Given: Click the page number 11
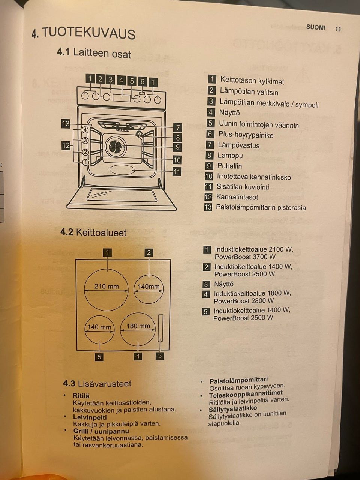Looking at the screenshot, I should click(338, 29).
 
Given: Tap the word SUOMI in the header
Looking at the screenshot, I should click(316, 27).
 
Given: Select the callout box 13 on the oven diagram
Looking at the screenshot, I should click(66, 123).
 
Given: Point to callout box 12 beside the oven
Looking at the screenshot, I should click(66, 145).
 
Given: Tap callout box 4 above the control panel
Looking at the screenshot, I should click(121, 80).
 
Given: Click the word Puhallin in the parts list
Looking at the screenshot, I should click(229, 166).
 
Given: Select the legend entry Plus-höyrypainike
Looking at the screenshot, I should click(246, 135).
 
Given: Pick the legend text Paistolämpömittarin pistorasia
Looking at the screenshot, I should click(261, 207).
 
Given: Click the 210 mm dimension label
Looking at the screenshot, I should click(106, 286).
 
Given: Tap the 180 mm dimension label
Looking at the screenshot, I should click(138, 326).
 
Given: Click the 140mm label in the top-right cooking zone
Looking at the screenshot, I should click(148, 286).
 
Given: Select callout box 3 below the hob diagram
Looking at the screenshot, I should click(160, 356).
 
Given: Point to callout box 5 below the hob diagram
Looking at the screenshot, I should click(99, 357).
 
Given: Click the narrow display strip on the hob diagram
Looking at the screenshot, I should click(160, 328).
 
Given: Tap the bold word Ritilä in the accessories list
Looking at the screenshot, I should click(81, 396).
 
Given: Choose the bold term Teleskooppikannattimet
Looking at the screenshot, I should click(246, 394).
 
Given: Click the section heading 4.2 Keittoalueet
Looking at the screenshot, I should click(93, 232).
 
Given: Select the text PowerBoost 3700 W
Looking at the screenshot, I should click(245, 257).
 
